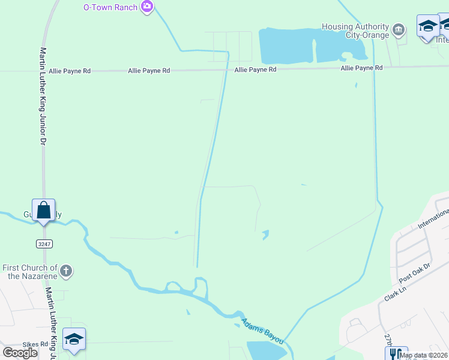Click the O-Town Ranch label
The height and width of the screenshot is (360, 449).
[110, 7]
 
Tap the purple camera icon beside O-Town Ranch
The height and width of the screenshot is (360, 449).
[147, 7]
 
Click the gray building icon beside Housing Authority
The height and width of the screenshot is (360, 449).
[397, 29]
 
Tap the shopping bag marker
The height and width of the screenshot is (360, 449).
[43, 211]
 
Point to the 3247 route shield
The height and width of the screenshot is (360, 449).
[44, 244]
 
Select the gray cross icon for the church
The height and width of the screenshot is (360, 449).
[67, 271]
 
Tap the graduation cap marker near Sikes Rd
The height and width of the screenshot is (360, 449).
[74, 340]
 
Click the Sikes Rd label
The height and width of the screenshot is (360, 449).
[36, 344]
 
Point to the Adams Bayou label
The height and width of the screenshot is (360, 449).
[262, 331]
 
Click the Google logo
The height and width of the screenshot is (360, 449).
[20, 353]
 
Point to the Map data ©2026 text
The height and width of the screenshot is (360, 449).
[423, 355]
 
